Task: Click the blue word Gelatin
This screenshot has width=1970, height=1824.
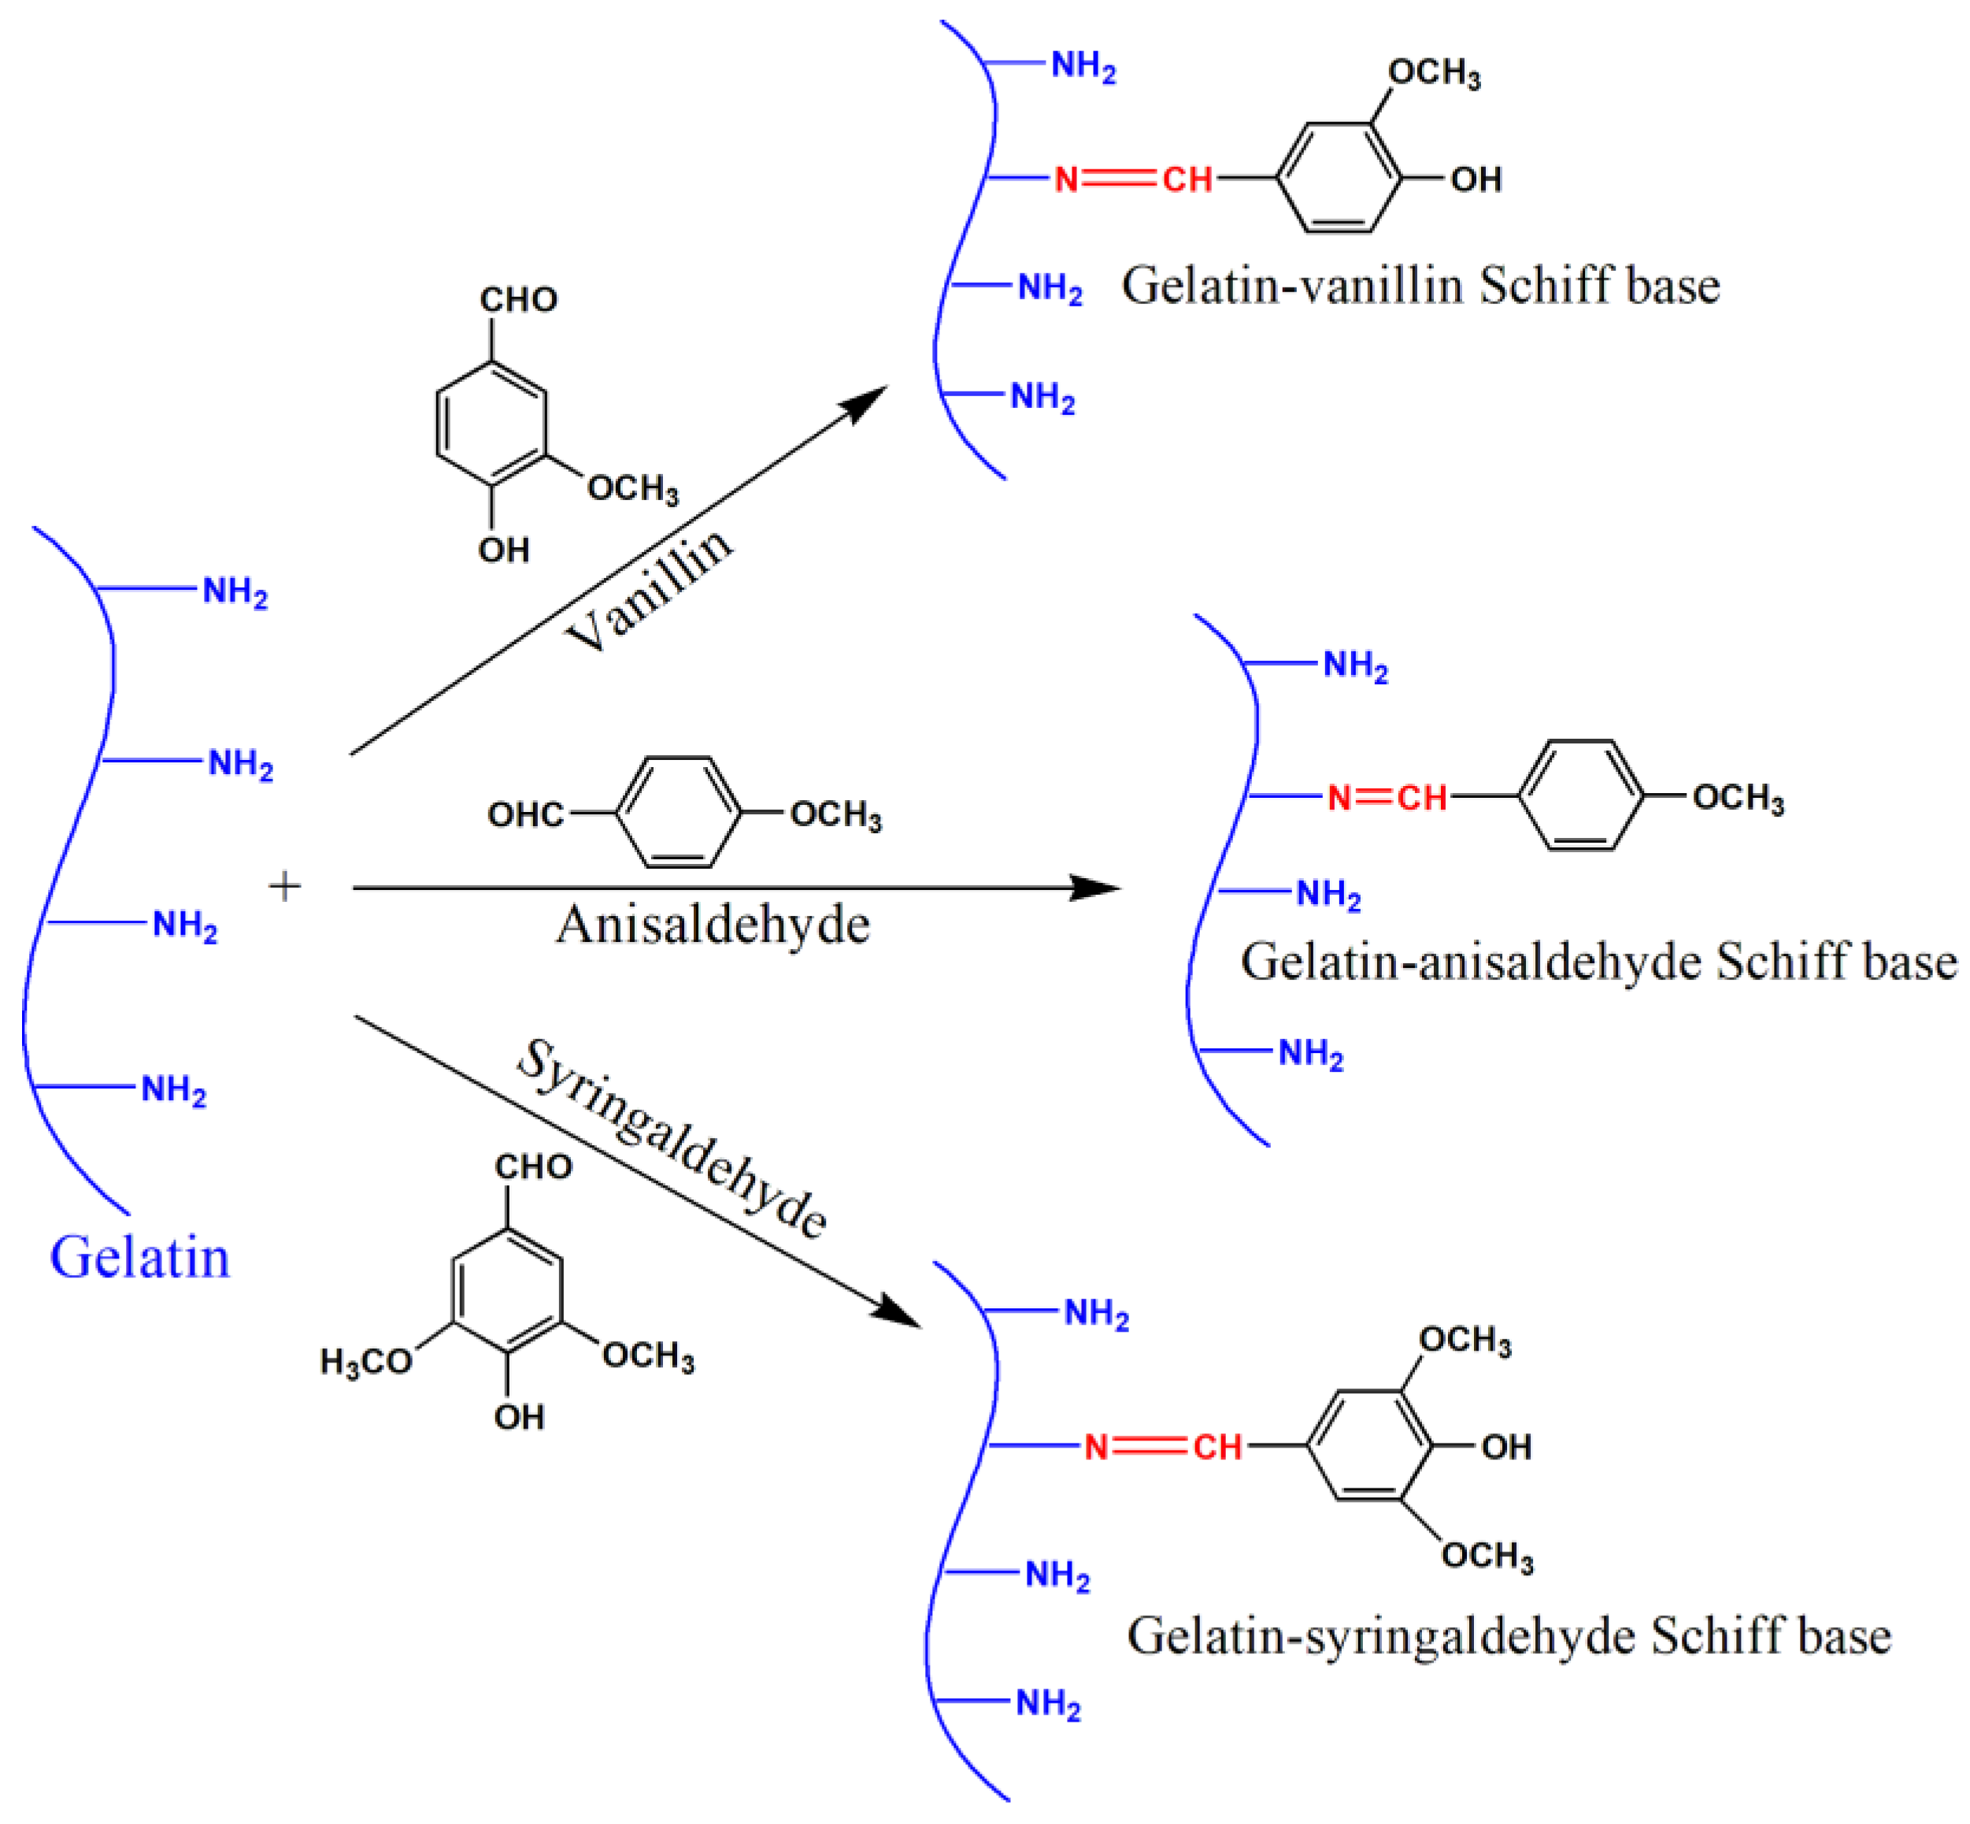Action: click(139, 1259)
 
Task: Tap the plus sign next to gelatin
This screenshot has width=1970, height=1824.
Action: click(284, 886)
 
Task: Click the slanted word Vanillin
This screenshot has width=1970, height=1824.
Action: click(650, 590)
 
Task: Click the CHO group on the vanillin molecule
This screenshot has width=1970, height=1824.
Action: click(518, 300)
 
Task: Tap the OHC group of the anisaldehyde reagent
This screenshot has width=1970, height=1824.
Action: click(525, 815)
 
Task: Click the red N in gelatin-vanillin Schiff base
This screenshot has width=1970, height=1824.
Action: click(1066, 180)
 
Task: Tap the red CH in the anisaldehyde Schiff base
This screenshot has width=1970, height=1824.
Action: click(1421, 798)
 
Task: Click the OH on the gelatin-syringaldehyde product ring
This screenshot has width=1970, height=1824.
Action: click(1506, 1447)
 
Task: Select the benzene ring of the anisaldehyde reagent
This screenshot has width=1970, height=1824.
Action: click(678, 812)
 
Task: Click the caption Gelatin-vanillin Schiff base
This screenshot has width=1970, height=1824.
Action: click(1420, 286)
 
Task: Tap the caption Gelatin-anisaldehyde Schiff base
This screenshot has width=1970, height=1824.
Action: click(1599, 962)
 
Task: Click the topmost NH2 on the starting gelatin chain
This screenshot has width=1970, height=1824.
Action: click(235, 592)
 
